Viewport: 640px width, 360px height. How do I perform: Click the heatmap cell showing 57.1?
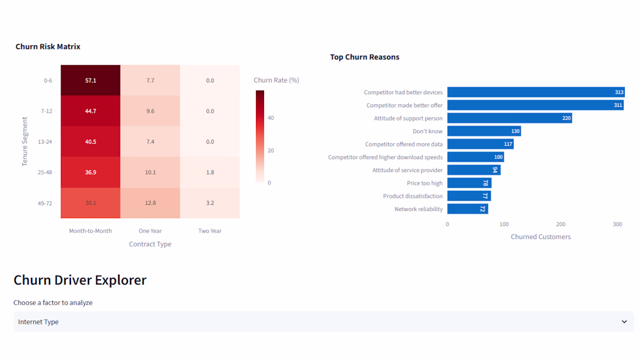click(x=91, y=80)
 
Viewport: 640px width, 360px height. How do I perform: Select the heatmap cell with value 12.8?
click(x=150, y=203)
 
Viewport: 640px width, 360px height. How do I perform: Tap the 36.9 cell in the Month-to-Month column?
click(x=91, y=172)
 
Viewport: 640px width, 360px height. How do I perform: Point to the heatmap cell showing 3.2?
click(x=210, y=203)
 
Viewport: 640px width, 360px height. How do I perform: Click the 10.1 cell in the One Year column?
click(x=150, y=172)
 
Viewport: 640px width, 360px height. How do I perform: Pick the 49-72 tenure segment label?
click(x=45, y=204)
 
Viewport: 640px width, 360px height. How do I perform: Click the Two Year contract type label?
click(x=210, y=231)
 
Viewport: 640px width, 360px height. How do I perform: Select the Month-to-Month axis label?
click(x=90, y=231)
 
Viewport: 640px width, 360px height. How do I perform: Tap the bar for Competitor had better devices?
click(x=536, y=92)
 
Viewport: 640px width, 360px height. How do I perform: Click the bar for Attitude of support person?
click(x=510, y=119)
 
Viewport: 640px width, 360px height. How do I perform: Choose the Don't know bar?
click(x=484, y=131)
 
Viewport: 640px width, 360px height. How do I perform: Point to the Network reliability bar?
click(x=468, y=209)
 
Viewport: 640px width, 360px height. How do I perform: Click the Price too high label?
click(x=425, y=183)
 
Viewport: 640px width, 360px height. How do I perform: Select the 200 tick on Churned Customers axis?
click(x=561, y=224)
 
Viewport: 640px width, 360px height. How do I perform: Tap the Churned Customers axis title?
click(x=541, y=237)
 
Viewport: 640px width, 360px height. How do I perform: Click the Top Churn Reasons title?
click(x=364, y=57)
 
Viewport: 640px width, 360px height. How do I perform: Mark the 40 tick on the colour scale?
click(x=271, y=118)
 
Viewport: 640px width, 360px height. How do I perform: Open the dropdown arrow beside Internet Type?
click(x=624, y=322)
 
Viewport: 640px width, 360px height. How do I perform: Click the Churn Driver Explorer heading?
click(x=80, y=280)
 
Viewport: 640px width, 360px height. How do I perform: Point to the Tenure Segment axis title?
click(x=24, y=142)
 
